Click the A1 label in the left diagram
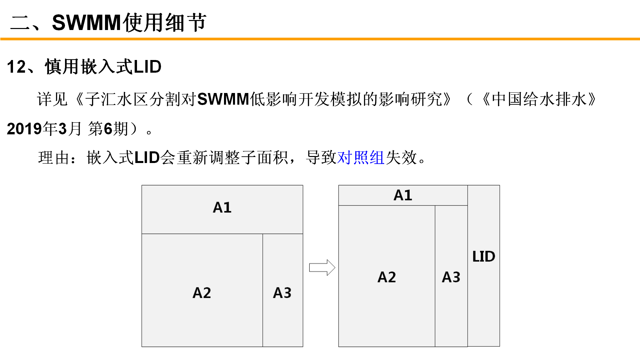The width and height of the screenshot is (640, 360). click(222, 207)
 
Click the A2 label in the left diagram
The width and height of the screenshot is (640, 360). click(202, 293)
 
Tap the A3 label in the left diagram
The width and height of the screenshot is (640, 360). click(282, 293)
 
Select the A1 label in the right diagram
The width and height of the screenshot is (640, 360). click(403, 195)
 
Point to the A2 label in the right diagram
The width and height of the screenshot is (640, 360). click(387, 277)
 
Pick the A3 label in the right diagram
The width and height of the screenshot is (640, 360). click(451, 277)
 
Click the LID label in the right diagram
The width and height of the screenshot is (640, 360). click(484, 256)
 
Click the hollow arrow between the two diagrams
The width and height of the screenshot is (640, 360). click(322, 267)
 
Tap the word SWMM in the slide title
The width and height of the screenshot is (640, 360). click(86, 23)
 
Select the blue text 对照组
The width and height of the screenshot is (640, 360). click(361, 157)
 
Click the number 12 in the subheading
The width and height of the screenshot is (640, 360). click(16, 67)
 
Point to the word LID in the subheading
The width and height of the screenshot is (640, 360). click(147, 67)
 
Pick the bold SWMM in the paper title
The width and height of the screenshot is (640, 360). click(223, 99)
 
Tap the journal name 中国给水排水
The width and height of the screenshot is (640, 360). click(539, 99)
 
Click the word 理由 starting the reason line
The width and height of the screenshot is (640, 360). click(54, 157)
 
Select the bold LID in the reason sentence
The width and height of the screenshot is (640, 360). click(147, 157)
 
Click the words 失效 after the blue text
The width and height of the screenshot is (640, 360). click(401, 157)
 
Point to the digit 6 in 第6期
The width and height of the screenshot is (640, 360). click(108, 129)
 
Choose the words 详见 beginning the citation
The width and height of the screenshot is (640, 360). click(52, 99)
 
